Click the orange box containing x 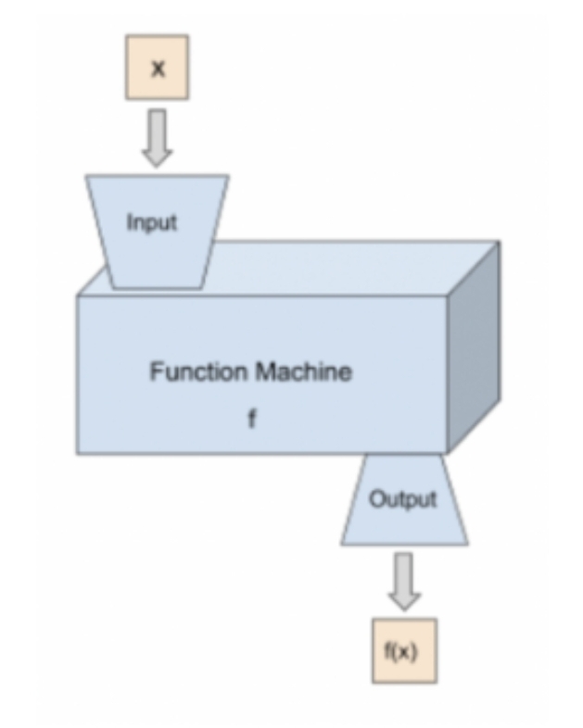click(157, 67)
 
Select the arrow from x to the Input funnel click(158, 137)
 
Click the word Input click(151, 223)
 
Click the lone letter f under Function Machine click(250, 419)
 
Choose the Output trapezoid click(403, 500)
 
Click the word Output click(403, 499)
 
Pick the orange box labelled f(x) click(403, 651)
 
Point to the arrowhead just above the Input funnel click(158, 157)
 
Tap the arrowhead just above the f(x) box click(403, 599)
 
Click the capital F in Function click(156, 372)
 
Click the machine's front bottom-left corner click(77, 453)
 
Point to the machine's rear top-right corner click(500, 242)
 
